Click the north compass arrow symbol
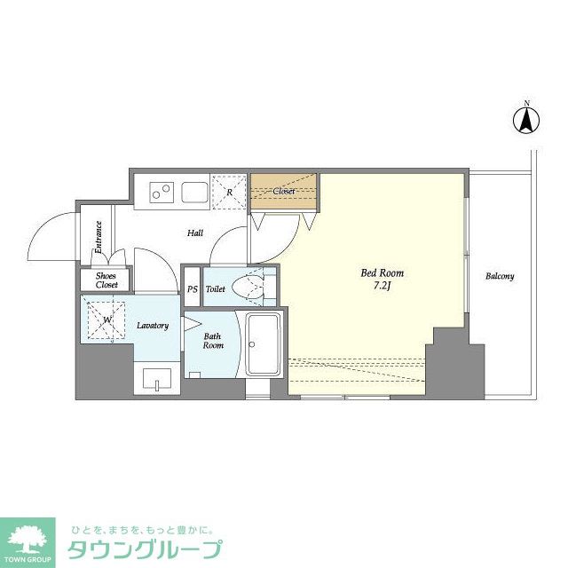pyautogui.click(x=526, y=120)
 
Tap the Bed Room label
pyautogui.click(x=382, y=272)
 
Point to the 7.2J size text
pyautogui.click(x=382, y=287)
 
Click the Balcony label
pyautogui.click(x=500, y=276)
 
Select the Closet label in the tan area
pyautogui.click(x=284, y=191)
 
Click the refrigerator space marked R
pyautogui.click(x=229, y=192)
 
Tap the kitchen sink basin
pyautogui.click(x=195, y=192)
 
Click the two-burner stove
pyautogui.click(x=162, y=192)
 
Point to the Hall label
pyautogui.click(x=195, y=233)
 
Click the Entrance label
pyautogui.click(x=99, y=237)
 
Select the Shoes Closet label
pyautogui.click(x=106, y=280)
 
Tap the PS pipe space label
pyautogui.click(x=193, y=289)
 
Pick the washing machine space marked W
pyautogui.click(x=106, y=319)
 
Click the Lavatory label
pyautogui.click(x=153, y=326)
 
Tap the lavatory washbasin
pyautogui.click(x=157, y=379)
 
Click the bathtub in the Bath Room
pyautogui.click(x=264, y=344)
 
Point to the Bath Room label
pyautogui.click(x=213, y=341)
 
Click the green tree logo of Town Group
pyautogui.click(x=28, y=539)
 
